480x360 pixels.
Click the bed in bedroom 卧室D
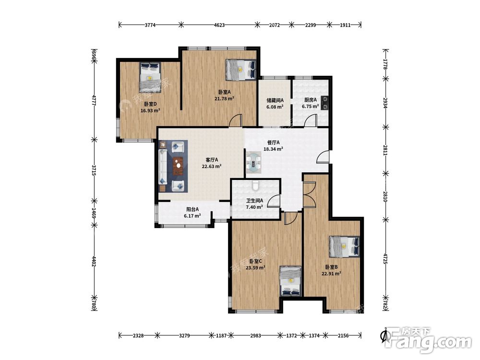[150, 77]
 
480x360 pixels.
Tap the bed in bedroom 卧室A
[241, 70]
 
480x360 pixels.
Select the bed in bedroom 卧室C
[291, 281]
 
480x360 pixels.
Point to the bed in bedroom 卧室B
[344, 246]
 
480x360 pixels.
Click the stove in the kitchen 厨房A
[324, 103]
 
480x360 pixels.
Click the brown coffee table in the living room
[178, 166]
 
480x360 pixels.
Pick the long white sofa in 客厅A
[162, 167]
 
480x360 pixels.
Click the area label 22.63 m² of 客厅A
[212, 167]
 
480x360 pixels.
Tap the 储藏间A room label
[275, 100]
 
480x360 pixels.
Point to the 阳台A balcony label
[192, 209]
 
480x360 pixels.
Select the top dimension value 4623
[219, 25]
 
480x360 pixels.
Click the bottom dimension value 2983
[255, 336]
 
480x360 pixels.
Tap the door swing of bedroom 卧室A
[235, 120]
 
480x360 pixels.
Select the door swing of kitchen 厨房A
[311, 120]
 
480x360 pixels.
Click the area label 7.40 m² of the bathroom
[254, 207]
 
